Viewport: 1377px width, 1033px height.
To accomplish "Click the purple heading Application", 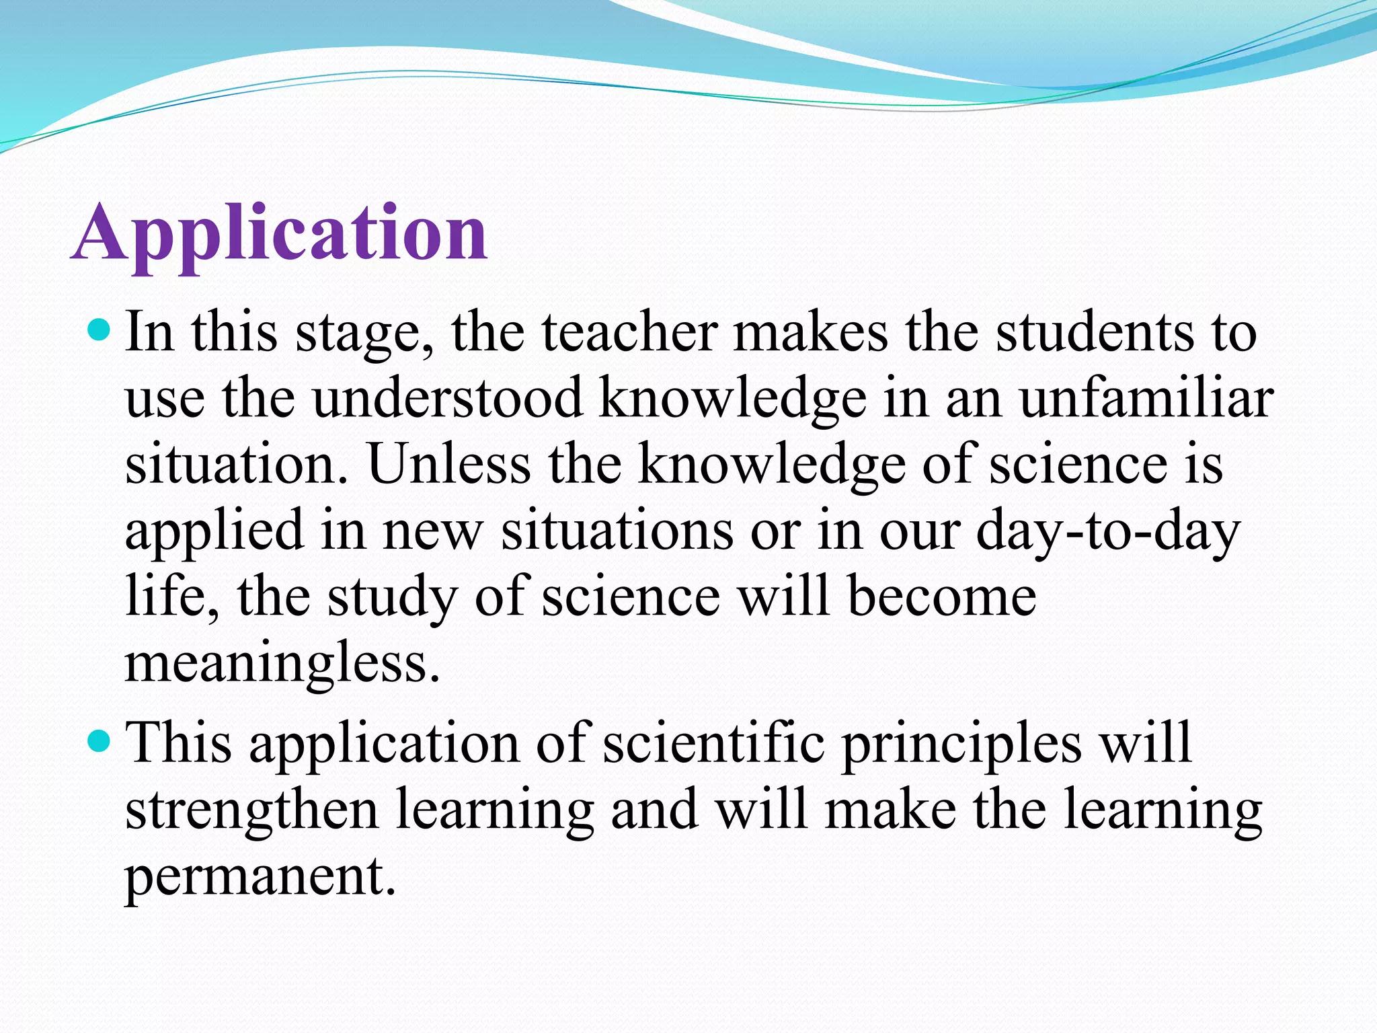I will (x=279, y=233).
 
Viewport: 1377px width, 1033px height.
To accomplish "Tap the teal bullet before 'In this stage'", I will (x=99, y=330).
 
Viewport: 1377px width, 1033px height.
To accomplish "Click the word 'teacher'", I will (x=629, y=332).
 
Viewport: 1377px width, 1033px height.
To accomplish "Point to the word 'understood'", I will (x=448, y=398).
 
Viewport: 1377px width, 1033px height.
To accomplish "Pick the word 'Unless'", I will (x=449, y=464).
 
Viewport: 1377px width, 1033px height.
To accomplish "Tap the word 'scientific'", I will (x=714, y=742).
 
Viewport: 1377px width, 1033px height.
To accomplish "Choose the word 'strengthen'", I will (x=251, y=811).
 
